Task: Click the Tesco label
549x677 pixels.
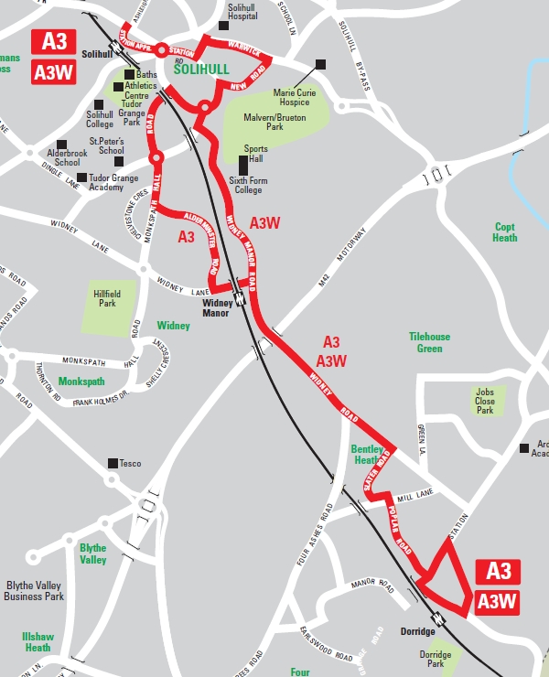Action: (x=130, y=464)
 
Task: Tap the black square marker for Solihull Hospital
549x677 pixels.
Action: (x=223, y=25)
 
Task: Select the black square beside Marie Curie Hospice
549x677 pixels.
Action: (x=320, y=64)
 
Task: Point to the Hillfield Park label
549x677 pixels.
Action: (x=107, y=299)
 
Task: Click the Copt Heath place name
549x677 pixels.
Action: (x=505, y=232)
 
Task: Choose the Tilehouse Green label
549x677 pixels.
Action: (x=429, y=342)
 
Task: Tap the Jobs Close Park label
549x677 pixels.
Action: (x=485, y=401)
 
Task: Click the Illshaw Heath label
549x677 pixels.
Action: (x=38, y=641)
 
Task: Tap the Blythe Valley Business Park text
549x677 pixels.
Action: (x=35, y=591)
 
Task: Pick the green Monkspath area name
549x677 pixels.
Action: (x=81, y=381)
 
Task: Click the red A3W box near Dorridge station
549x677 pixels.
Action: (x=497, y=601)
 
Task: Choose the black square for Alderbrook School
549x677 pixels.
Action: (x=62, y=144)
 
